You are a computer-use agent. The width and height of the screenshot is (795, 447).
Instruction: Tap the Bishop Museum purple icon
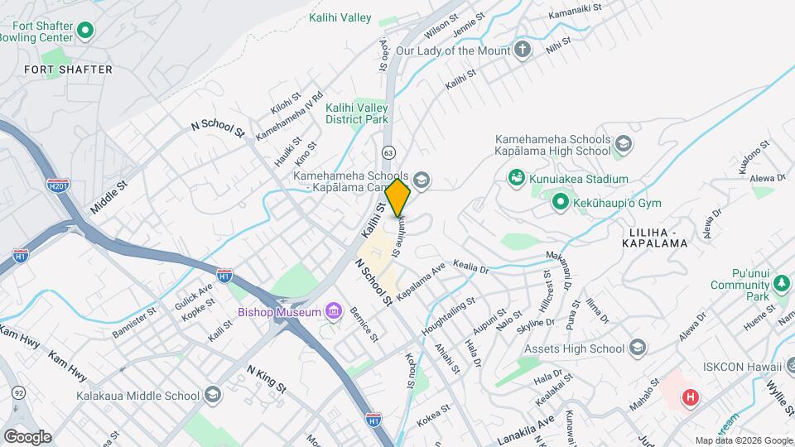coord(333,311)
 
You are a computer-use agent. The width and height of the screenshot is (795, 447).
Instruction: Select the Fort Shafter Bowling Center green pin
coord(85,32)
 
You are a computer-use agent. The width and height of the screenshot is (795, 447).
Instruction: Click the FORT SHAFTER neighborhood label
coord(68,70)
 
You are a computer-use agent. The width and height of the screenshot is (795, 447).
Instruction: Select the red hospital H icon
coord(689,398)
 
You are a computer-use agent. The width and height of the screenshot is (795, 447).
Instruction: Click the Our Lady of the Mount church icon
coord(522,50)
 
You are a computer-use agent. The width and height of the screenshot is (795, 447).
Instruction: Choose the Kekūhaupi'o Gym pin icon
coord(560,201)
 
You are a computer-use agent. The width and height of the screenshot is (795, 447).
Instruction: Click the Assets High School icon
coord(637,347)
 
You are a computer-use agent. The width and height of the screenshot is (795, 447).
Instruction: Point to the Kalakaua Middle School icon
coord(214,395)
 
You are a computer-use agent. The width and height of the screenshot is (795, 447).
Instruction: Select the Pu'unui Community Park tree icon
coord(780,285)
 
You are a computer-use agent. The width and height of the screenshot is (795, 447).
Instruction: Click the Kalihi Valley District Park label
coord(357,113)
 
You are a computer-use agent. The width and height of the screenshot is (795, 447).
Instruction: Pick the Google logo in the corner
coord(27,436)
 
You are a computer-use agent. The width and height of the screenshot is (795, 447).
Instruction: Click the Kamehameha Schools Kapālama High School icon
coord(623,146)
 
